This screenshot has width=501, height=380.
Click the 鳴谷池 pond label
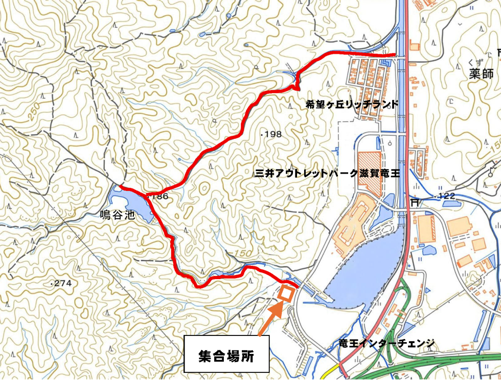click(x=117, y=216)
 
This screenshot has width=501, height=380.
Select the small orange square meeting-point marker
click(x=286, y=293)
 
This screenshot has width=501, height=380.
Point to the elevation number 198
click(x=272, y=134)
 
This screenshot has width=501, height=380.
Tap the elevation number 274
click(x=63, y=283)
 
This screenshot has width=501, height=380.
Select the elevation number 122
click(x=445, y=197)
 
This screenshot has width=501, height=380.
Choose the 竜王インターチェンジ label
click(x=386, y=342)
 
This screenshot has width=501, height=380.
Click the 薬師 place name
click(x=481, y=74)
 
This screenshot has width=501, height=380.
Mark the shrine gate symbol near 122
click(x=415, y=201)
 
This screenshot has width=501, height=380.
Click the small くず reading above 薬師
click(x=473, y=62)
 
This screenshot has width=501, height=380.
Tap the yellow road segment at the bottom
click(x=333, y=370)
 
